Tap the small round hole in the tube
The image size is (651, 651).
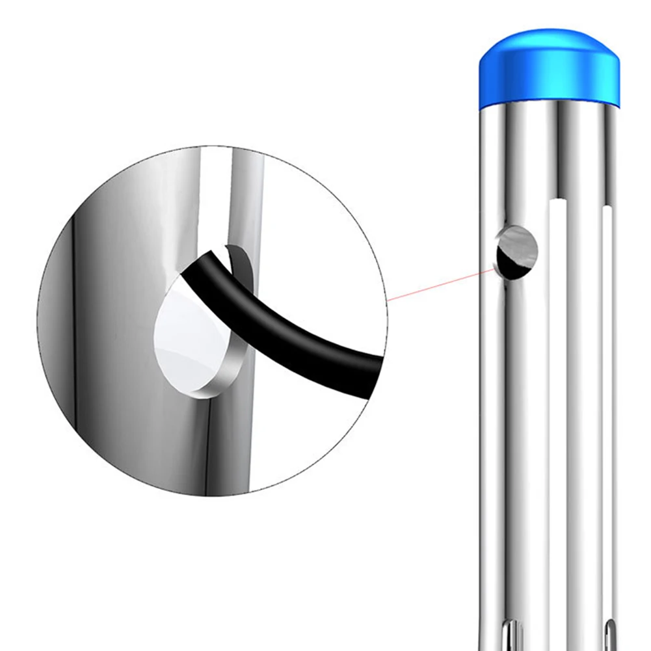point(518,252)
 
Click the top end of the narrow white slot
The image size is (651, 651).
point(607,209)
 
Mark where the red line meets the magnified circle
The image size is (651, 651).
point(388,300)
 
